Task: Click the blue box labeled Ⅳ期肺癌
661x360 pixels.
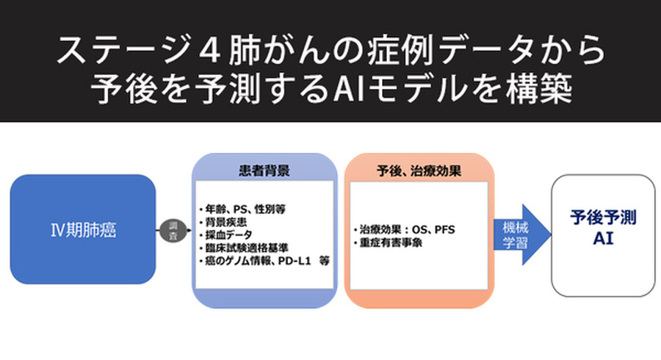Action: tap(83, 229)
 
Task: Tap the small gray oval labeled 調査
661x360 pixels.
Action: tap(173, 230)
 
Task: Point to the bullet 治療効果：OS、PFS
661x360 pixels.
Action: tap(404, 230)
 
